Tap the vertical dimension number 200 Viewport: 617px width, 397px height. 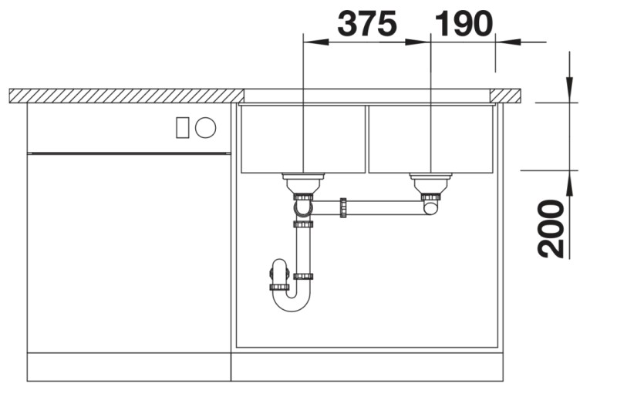[552, 228]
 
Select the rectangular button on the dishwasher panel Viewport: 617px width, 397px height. [182, 127]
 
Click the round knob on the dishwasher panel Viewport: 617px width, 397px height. [205, 127]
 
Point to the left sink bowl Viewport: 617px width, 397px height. [302, 139]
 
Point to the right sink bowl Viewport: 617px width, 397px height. [430, 139]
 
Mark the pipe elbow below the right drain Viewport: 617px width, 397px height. [430, 207]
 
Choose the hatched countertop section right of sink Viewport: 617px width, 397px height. [506, 96]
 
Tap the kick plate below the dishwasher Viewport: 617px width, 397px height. [129, 366]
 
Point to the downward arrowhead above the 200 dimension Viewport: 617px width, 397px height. [569, 92]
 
